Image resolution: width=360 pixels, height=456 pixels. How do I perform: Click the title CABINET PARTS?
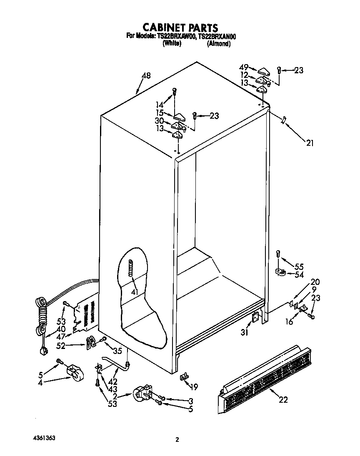(180, 28)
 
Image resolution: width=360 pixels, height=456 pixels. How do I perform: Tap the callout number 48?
(146, 76)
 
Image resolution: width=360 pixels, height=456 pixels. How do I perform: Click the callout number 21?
(310, 143)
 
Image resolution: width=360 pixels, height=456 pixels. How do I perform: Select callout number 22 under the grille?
(283, 400)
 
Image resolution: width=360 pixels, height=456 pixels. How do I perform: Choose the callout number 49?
(244, 67)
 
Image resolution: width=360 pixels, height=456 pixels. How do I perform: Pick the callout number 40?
(61, 328)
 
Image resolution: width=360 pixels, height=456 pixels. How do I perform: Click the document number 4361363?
(44, 439)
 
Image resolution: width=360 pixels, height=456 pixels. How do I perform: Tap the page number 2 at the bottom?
(177, 440)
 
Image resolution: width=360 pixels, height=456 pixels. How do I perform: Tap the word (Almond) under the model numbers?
(219, 43)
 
